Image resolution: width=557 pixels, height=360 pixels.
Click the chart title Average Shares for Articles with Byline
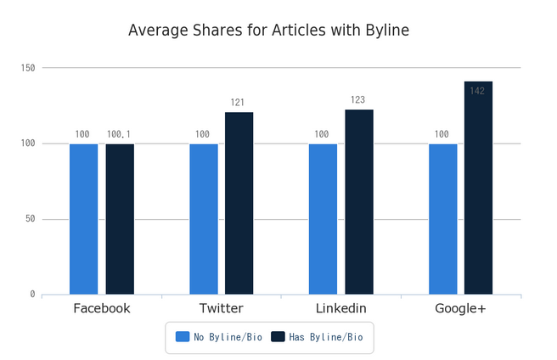268,31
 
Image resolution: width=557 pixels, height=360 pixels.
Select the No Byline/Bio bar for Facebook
83,219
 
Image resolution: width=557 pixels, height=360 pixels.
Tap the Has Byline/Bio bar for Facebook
120,219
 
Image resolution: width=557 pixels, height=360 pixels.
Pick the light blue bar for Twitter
203,219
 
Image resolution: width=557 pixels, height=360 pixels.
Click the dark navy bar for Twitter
239,203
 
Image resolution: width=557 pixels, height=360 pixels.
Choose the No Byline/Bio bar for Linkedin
323,219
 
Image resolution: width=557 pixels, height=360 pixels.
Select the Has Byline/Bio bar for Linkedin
358,201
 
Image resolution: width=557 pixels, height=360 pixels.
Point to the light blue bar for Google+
442,219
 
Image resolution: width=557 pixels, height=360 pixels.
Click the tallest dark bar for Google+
478,188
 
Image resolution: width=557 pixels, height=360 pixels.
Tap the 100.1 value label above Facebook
120,134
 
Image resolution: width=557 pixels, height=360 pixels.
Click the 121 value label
239,103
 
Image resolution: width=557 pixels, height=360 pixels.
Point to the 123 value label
358,100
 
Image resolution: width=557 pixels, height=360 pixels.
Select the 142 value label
477,91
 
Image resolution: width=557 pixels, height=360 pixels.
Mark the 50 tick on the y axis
30,219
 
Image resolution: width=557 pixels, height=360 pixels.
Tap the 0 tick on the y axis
32,295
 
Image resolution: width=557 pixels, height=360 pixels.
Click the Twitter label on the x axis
221,308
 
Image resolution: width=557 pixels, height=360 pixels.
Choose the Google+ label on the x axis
460,308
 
